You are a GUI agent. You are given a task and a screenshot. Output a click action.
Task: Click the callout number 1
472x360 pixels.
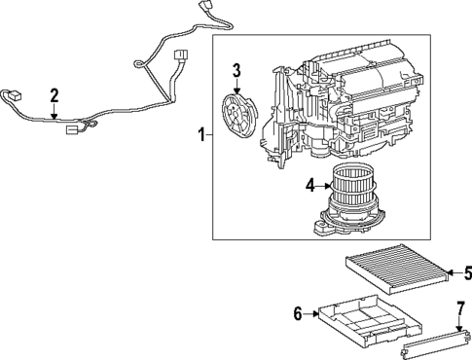201,136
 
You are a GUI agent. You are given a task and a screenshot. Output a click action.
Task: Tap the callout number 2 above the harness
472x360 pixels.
54,94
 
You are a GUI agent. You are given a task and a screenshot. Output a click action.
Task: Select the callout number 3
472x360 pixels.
236,69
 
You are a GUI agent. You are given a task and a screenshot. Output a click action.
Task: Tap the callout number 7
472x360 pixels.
461,311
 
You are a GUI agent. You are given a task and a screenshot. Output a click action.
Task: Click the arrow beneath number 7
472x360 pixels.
461,326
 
